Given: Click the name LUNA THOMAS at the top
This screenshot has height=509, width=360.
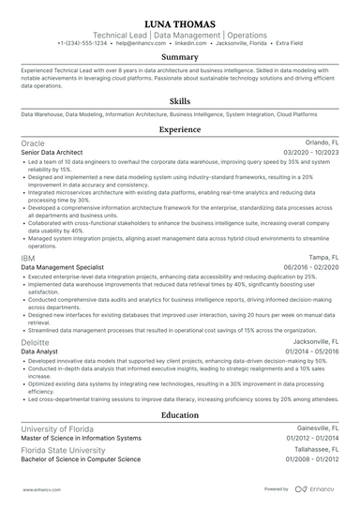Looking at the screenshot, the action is point(180,22).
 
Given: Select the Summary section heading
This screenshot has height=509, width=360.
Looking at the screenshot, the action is point(180,57).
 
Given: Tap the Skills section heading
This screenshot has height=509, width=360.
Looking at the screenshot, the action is point(180,100).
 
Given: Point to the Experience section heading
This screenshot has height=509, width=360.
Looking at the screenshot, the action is point(180,129).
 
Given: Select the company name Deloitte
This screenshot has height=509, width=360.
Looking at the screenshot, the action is point(36,342).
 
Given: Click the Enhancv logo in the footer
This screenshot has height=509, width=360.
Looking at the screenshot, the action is point(316,488).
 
